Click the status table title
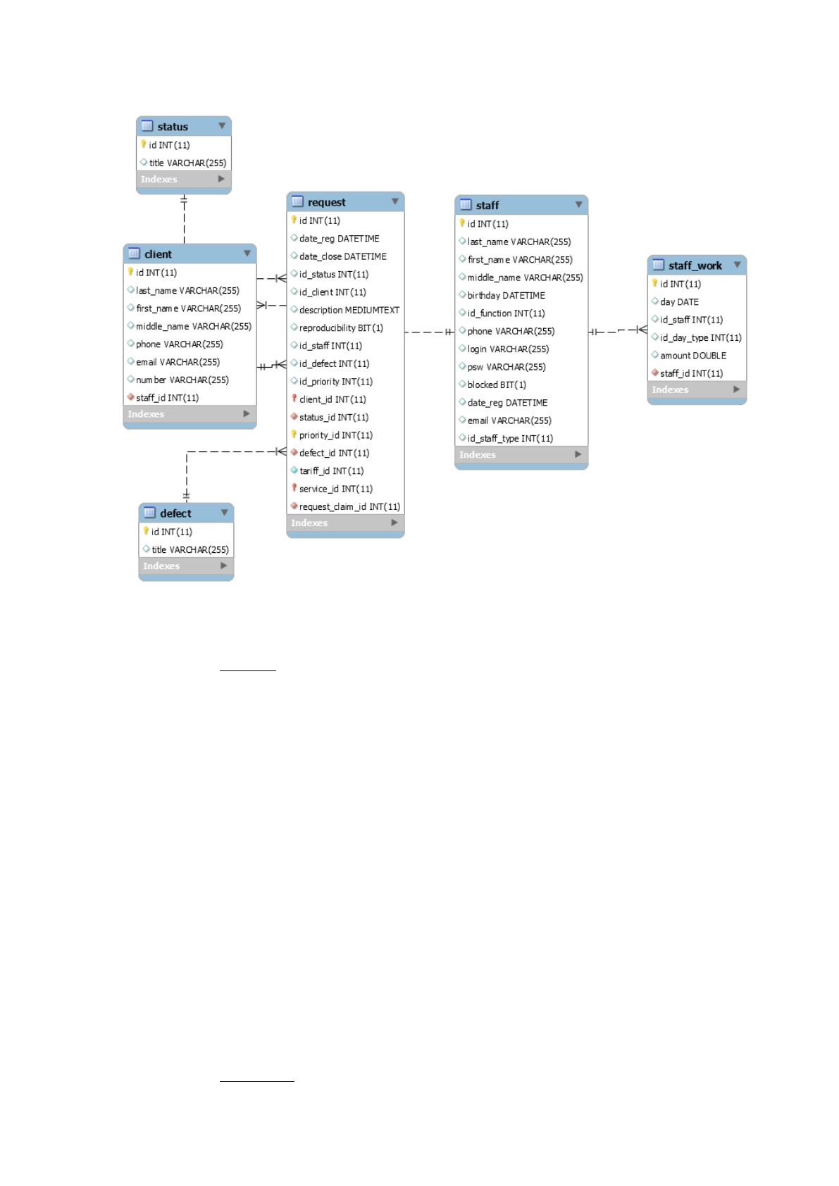point(173,127)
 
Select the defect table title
point(175,513)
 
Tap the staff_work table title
point(695,266)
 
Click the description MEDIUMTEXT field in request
point(349,310)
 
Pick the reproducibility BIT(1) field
point(341,327)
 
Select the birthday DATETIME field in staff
point(506,295)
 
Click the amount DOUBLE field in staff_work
point(692,355)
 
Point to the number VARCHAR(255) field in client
point(182,380)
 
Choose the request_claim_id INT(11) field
point(349,506)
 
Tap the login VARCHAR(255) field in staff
point(508,349)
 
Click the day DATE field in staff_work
point(679,302)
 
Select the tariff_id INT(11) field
point(332,470)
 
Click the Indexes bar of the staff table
point(521,454)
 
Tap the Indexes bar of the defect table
point(186,566)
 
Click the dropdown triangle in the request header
point(395,201)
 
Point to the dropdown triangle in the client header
point(247,253)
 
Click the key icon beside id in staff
point(462,223)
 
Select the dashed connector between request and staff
point(429,332)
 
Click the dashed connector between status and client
point(184,218)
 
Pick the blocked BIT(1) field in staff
point(497,385)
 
